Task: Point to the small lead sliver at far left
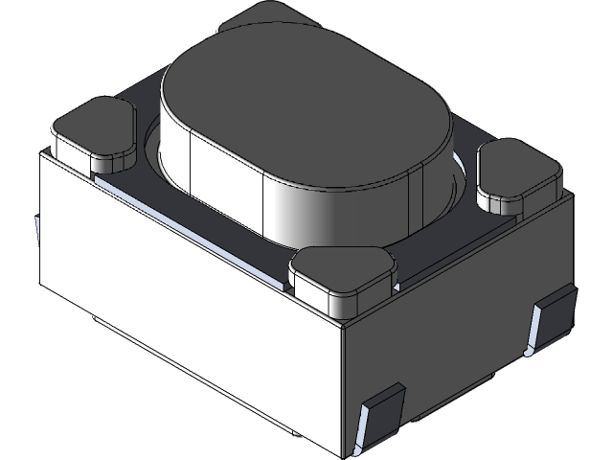(36, 230)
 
